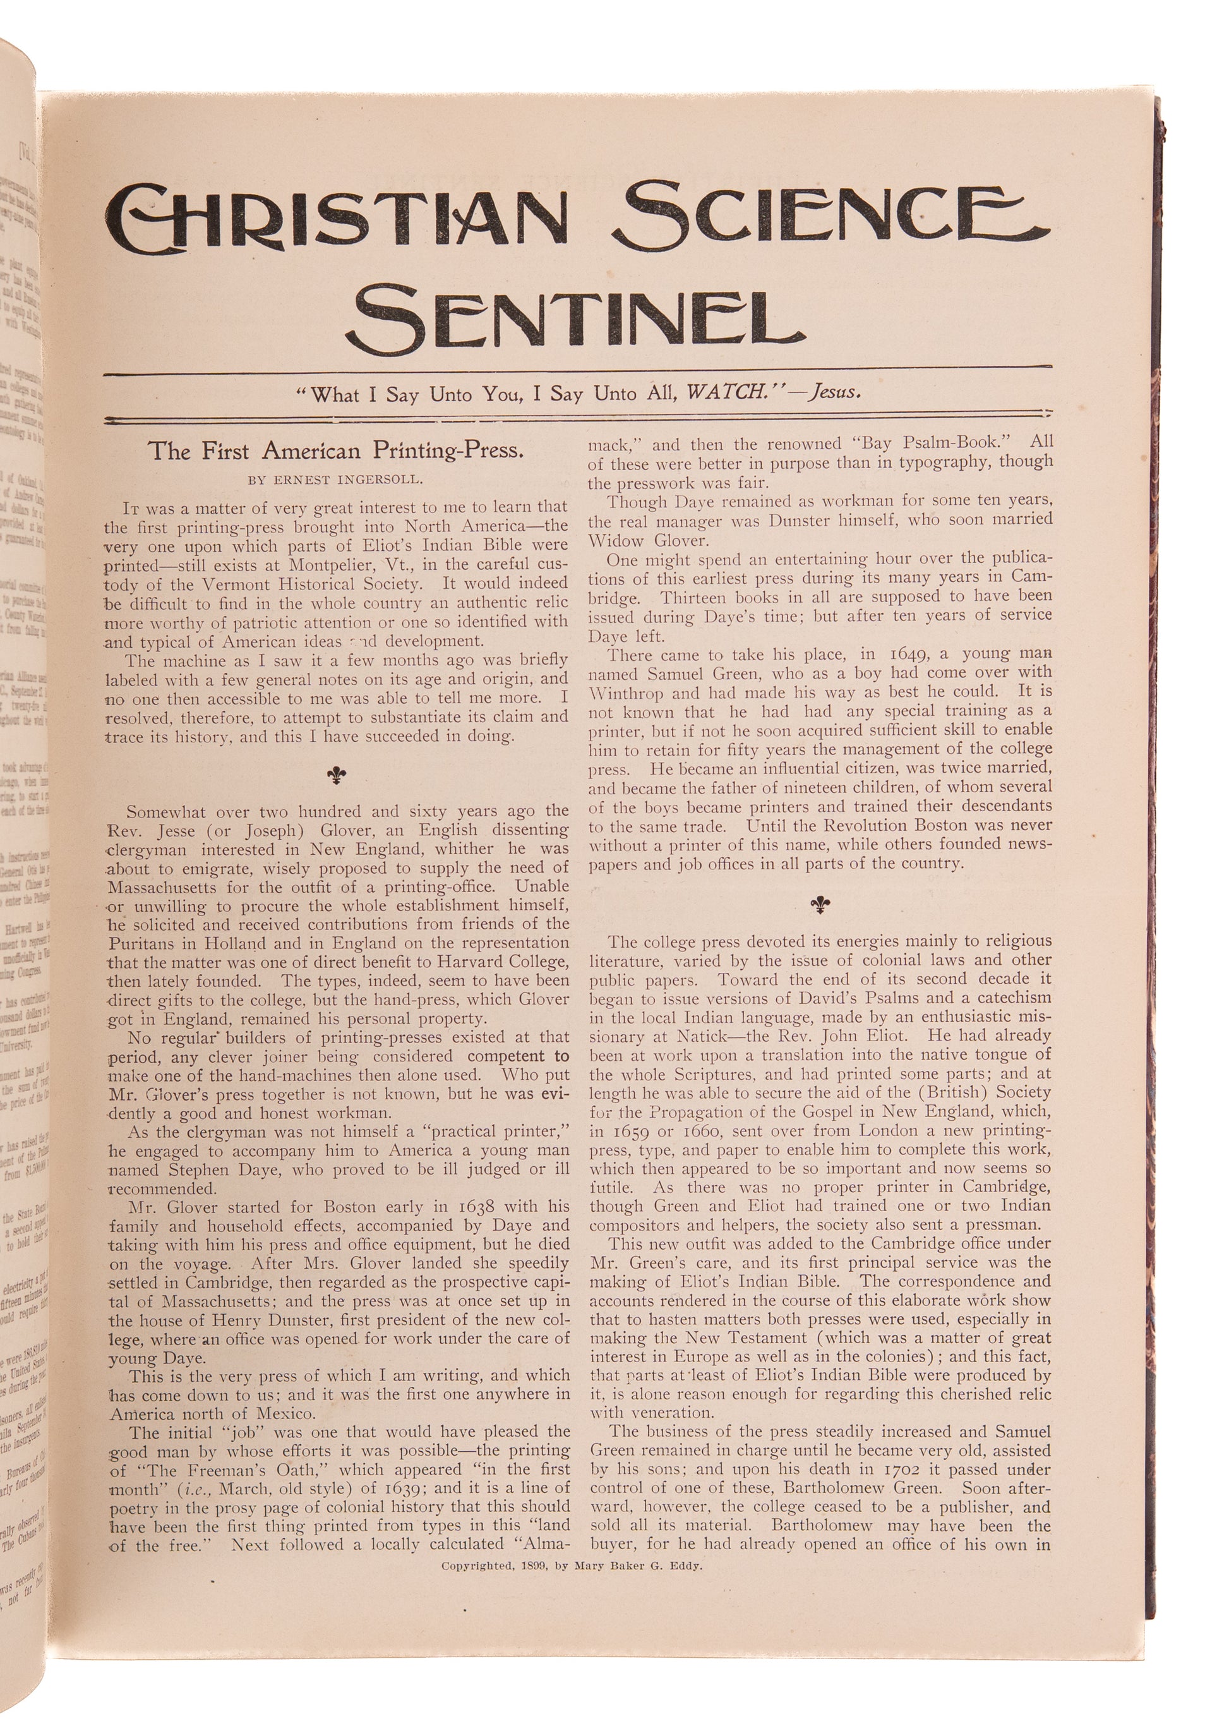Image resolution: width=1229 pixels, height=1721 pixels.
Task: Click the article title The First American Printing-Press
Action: coord(336,451)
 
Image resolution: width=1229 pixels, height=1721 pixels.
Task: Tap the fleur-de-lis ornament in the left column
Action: coord(337,775)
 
